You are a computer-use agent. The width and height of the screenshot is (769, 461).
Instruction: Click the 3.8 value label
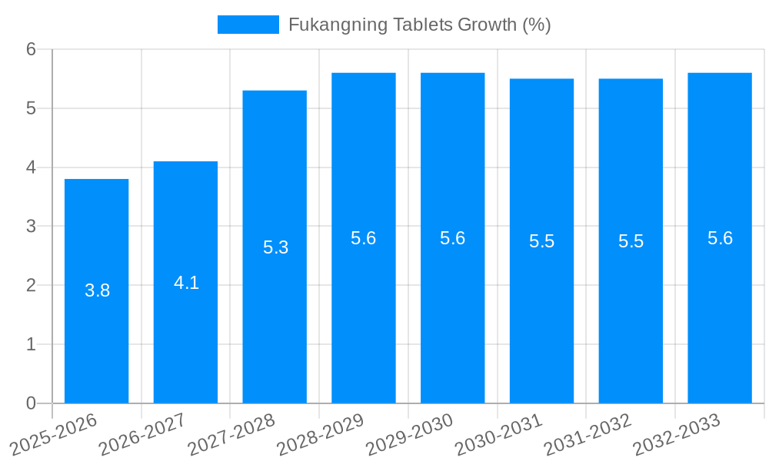pos(98,291)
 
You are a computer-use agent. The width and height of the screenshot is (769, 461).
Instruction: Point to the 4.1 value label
pos(186,283)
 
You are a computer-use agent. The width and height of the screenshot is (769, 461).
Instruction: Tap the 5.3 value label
pos(275,247)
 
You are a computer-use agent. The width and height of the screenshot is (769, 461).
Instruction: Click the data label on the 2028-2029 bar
pos(364,238)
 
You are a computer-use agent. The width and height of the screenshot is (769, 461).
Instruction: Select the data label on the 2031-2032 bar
pos(631,241)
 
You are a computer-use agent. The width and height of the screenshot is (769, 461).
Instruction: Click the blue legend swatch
pos(248,25)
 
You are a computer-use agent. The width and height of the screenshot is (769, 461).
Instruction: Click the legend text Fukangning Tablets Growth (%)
pos(420,25)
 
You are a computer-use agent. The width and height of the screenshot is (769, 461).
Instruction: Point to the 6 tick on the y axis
pos(31,49)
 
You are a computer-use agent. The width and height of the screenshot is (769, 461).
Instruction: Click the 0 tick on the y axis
pos(31,403)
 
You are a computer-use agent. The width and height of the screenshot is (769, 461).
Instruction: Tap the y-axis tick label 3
pos(31,227)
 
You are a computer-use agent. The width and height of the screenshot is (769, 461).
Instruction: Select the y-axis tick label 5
pos(31,108)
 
